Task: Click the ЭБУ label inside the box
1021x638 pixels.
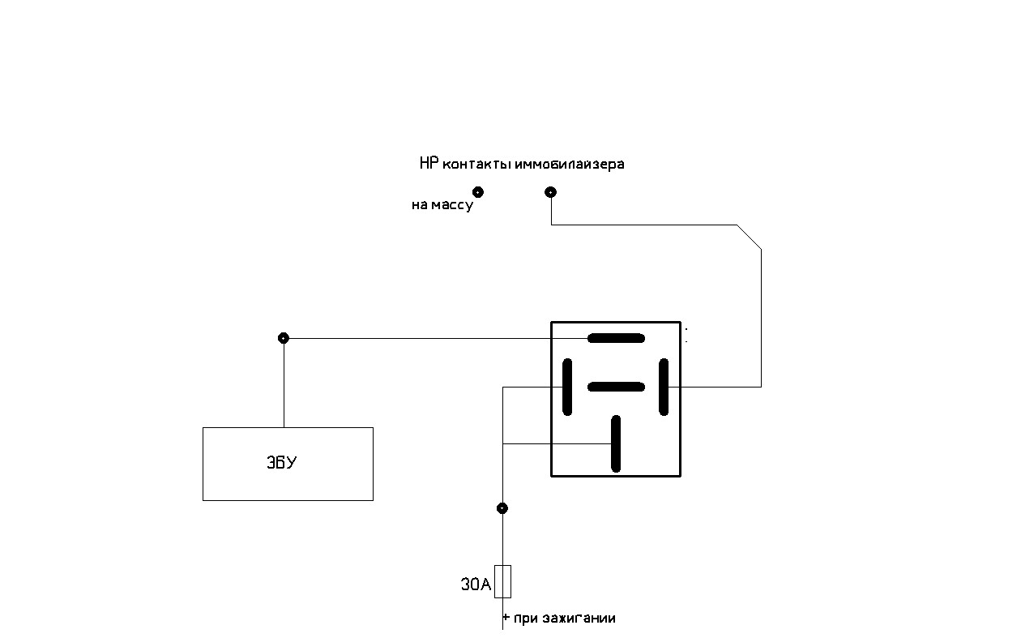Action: click(282, 462)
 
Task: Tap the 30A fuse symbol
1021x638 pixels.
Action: click(502, 581)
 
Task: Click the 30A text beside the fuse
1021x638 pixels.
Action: click(476, 584)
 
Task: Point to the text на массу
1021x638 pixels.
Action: click(442, 205)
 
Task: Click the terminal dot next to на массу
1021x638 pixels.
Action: click(478, 192)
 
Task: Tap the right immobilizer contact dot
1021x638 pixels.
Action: click(551, 192)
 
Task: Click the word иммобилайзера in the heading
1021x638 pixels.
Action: click(570, 164)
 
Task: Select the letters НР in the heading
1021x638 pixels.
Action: click(429, 163)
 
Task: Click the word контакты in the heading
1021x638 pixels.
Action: click(476, 165)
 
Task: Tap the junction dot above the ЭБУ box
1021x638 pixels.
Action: click(284, 338)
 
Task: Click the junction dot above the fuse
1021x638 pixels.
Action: click(502, 508)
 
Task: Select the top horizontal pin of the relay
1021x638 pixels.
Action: click(616, 338)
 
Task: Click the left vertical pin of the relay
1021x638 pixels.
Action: click(567, 388)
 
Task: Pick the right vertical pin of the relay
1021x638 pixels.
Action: click(664, 388)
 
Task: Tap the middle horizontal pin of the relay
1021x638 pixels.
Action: click(616, 388)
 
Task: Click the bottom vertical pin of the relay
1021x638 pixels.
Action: click(616, 443)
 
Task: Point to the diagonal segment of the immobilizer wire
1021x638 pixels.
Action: click(749, 238)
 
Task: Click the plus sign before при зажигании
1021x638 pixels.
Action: click(506, 618)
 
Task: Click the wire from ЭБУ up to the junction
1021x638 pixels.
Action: click(284, 383)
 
